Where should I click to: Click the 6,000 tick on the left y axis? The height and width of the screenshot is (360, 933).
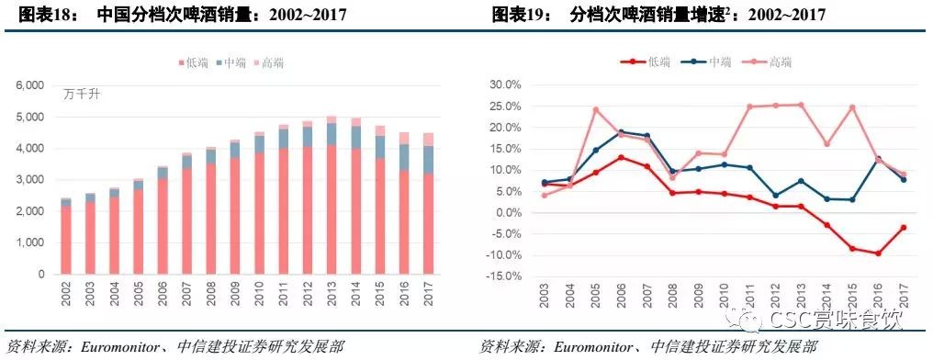pos(30,85)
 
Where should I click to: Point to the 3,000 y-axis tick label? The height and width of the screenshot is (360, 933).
pos(30,180)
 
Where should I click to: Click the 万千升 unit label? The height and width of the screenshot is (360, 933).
pos(82,95)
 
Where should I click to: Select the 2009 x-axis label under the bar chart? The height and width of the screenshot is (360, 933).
pos(235,296)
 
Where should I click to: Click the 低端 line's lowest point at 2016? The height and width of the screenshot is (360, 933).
pos(878,253)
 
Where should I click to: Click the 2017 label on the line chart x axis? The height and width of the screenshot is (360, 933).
pos(904,297)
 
